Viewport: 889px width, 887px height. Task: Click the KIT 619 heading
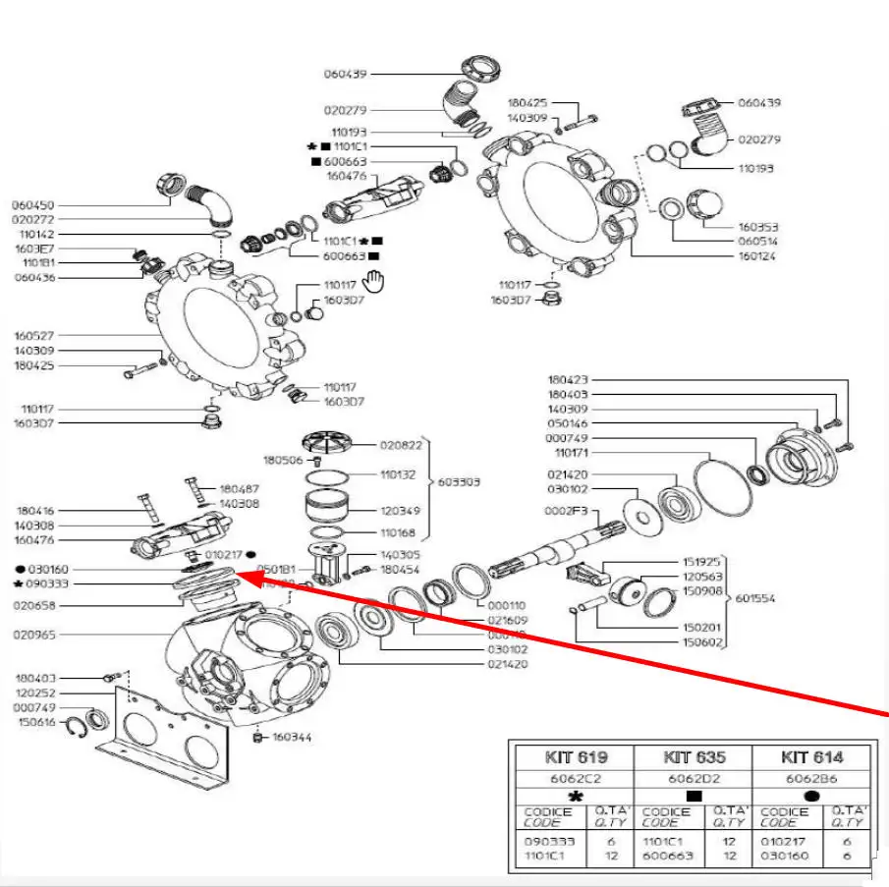pos(576,757)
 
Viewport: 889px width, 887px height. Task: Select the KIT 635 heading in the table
pos(694,757)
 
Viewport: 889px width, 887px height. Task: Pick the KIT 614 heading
pos(811,757)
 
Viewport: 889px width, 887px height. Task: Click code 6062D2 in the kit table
pos(694,778)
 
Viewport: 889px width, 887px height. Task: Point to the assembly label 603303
pos(460,482)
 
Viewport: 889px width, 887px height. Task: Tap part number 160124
pos(756,255)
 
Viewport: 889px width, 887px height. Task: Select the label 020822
pos(401,445)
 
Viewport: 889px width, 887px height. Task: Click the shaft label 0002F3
pos(566,513)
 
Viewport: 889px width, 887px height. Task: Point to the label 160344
pos(292,737)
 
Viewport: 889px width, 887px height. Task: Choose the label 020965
pos(36,635)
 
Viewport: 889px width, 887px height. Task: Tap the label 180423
pos(568,379)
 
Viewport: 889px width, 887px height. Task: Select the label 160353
pos(757,227)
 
